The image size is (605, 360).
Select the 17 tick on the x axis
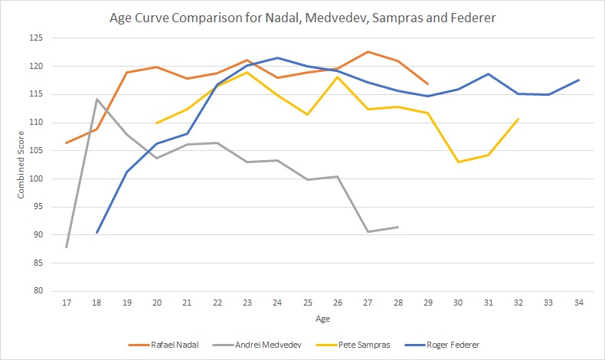tap(67, 303)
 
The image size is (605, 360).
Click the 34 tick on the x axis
tap(578, 303)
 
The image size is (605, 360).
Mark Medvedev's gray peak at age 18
tap(96, 99)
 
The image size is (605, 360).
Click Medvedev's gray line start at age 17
tap(67, 247)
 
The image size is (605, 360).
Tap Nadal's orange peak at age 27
tap(368, 51)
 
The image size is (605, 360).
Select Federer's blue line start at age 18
tap(96, 232)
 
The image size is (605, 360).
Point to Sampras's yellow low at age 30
tap(458, 162)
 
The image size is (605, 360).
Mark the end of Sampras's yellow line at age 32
tap(518, 119)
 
